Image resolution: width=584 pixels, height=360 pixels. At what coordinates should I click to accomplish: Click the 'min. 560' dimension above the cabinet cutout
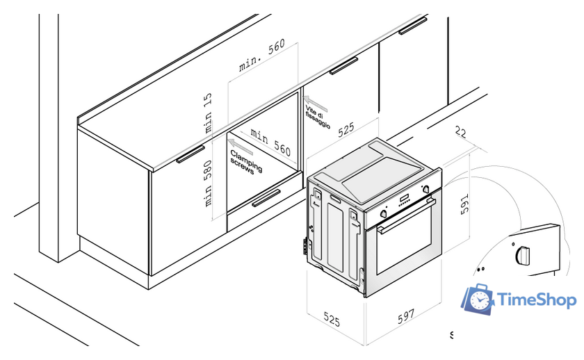[262, 56]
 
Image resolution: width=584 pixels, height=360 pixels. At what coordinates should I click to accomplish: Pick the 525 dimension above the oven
[346, 129]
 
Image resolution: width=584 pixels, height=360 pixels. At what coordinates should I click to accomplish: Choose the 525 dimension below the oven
[332, 320]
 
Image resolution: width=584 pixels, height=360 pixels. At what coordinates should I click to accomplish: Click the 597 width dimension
[405, 317]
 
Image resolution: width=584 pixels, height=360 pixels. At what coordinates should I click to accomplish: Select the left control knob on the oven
[382, 214]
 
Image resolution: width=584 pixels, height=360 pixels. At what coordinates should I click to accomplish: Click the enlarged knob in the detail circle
[521, 255]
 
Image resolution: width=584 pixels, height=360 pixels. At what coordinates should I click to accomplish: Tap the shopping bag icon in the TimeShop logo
[478, 300]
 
